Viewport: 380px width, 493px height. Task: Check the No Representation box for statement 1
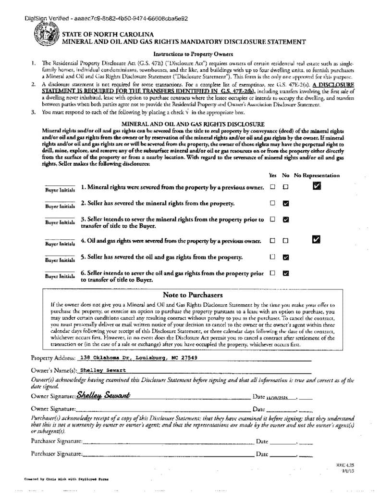[x=317, y=186]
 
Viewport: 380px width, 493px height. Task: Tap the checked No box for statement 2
[x=286, y=203]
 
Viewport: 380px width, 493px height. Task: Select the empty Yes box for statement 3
[x=272, y=219]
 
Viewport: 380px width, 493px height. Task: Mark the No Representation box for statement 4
[x=316, y=239]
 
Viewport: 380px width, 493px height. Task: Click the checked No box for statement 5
[x=286, y=257]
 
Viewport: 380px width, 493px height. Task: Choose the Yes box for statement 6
[x=272, y=273]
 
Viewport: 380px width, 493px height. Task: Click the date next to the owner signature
[x=282, y=397]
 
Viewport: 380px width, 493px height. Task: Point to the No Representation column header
[x=317, y=175]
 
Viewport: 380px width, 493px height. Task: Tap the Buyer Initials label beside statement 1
[x=60, y=190]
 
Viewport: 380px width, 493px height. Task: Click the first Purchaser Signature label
[x=56, y=441]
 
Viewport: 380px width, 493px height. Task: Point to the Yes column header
[x=272, y=175]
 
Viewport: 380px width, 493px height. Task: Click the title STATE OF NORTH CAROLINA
[x=108, y=34]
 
